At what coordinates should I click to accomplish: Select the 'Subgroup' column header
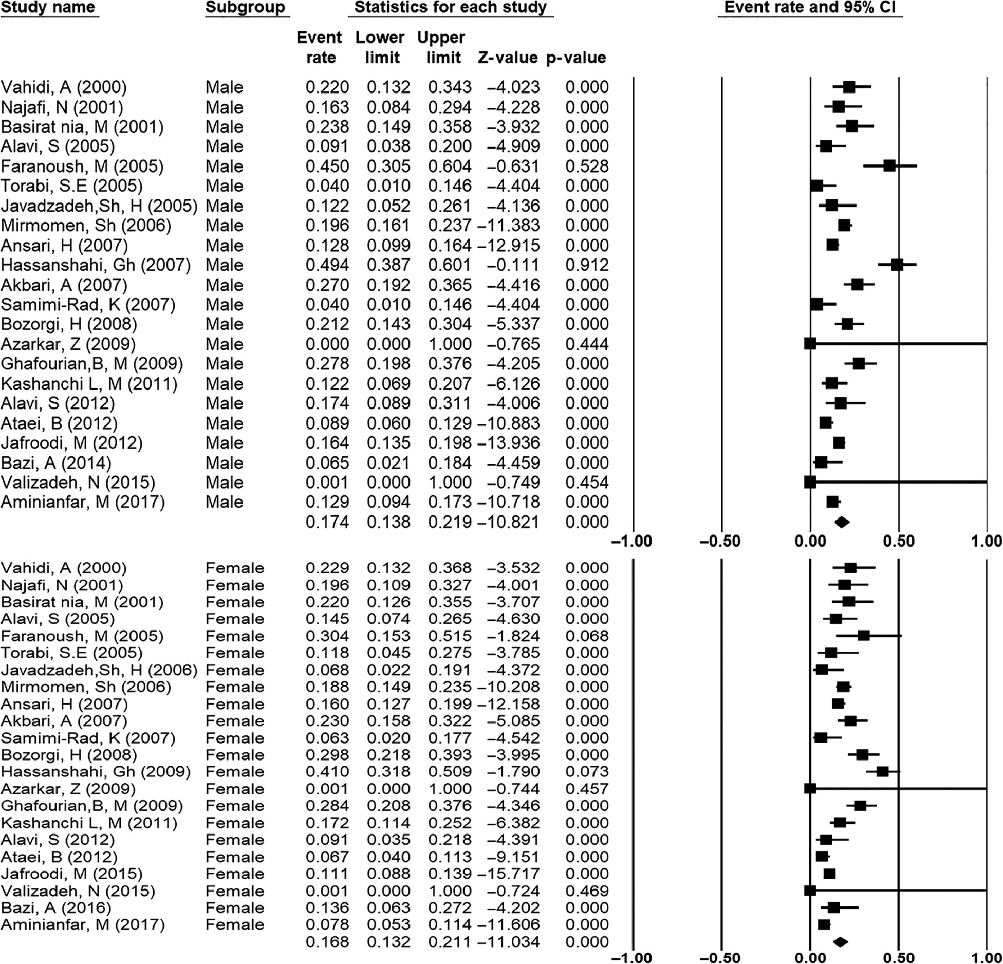[245, 8]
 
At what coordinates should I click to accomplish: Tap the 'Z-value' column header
[508, 58]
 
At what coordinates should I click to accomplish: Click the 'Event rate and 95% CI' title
[810, 8]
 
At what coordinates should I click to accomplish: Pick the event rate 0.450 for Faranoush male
[327, 166]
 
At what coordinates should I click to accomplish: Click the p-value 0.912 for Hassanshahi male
[587, 265]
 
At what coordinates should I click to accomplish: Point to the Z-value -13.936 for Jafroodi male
[509, 443]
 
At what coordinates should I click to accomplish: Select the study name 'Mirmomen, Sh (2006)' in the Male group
[86, 226]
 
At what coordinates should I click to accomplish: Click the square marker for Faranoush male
[889, 166]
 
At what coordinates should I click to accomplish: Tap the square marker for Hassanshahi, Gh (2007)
[897, 265]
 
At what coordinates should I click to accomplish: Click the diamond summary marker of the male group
[842, 522]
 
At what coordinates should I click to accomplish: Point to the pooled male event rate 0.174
[327, 523]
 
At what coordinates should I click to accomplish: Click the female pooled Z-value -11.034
[509, 942]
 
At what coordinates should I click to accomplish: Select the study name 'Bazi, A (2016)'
[56, 907]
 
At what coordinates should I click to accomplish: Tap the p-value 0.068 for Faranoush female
[587, 636]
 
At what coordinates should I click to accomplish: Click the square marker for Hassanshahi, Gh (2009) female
[882, 771]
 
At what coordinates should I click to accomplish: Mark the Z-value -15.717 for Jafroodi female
[509, 874]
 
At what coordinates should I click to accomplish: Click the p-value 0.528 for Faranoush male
[587, 166]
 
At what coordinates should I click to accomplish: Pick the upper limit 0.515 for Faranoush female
[450, 636]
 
